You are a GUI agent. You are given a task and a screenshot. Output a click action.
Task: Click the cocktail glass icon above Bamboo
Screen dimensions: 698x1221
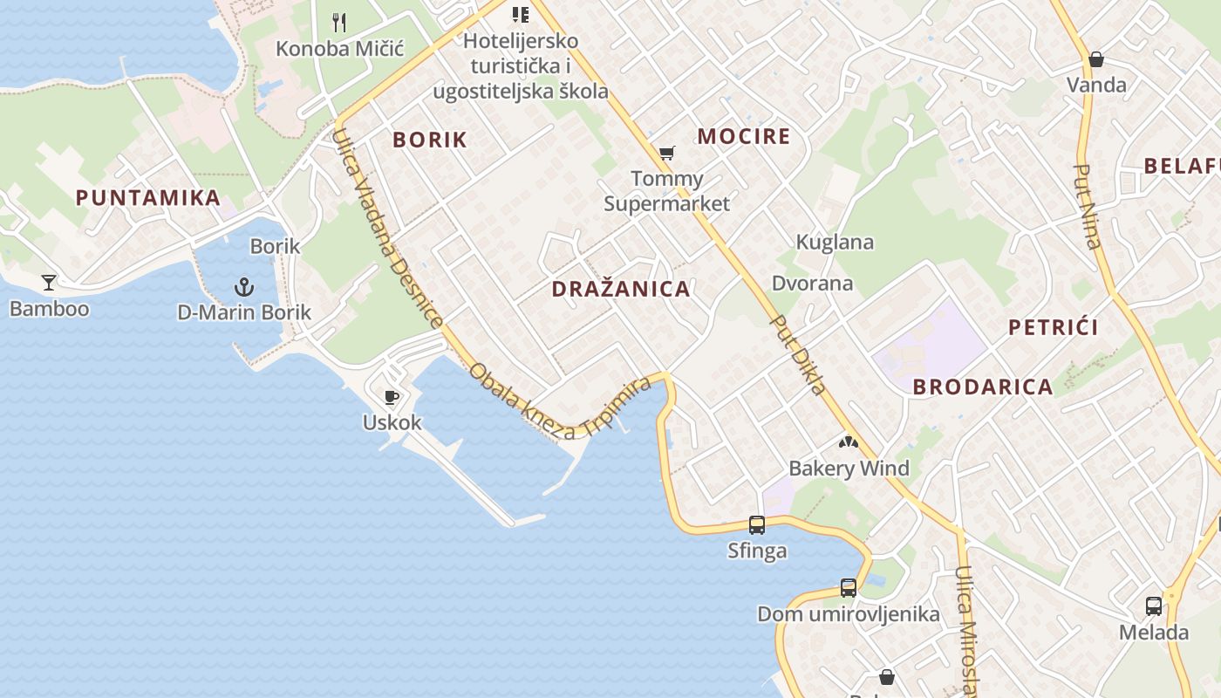49,282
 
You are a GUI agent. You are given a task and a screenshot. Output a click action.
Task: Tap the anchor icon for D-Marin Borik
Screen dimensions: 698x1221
244,286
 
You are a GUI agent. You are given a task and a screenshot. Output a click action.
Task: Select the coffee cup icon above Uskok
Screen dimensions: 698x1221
392,398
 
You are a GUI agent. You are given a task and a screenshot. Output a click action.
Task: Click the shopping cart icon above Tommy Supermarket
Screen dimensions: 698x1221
667,154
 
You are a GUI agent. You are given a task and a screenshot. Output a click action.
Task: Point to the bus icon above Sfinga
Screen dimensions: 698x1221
757,524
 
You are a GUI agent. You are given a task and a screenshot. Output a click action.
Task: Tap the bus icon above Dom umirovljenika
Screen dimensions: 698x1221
848,587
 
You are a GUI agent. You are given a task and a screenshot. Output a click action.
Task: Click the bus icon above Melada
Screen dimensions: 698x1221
1153,606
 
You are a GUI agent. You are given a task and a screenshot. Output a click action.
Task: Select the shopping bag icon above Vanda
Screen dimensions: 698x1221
1096,59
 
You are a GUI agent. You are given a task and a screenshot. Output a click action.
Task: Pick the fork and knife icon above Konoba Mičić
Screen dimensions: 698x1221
340,22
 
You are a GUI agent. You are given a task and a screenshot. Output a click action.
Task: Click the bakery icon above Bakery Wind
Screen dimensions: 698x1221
849,442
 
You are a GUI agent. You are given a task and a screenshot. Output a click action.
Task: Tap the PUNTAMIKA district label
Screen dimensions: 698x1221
148,197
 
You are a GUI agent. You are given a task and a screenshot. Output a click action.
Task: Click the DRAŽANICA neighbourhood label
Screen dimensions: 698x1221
621,289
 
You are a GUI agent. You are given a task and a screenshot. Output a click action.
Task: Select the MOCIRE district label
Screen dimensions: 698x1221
744,136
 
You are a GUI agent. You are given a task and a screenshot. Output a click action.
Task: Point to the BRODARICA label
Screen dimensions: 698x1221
983,387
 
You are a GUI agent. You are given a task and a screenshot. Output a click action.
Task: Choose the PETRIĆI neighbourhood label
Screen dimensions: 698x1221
1054,327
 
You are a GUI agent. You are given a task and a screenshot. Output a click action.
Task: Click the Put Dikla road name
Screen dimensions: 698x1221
798,354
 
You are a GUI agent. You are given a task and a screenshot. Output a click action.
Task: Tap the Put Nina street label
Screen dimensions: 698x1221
1088,207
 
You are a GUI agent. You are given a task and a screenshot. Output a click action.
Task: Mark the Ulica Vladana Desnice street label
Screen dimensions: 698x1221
388,229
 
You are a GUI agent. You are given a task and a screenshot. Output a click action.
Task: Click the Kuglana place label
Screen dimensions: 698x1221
835,242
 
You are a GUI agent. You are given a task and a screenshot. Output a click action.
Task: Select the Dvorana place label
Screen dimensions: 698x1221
813,283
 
